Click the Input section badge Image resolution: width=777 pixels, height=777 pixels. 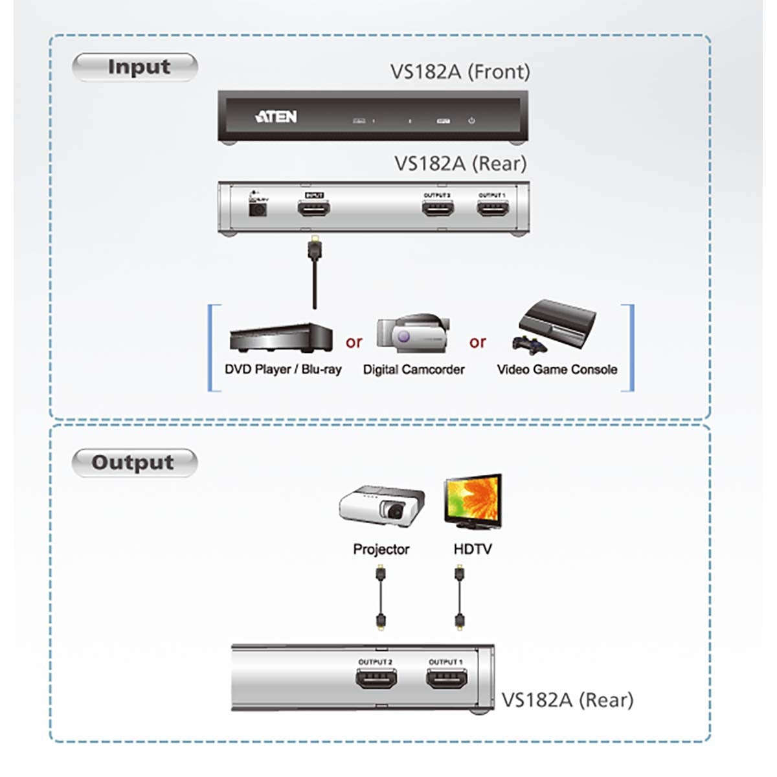[135, 67]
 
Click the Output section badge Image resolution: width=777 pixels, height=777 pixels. [134, 462]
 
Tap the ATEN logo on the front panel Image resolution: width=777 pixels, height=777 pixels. [276, 117]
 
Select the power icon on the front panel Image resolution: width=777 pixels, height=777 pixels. [471, 120]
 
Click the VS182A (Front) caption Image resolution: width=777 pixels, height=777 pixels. [460, 71]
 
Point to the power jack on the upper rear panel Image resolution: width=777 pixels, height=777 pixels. [258, 209]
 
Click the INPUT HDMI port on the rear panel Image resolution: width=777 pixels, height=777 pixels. [314, 208]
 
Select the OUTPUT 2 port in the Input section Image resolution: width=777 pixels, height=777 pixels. [438, 208]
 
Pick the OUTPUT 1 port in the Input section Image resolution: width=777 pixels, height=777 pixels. [492, 208]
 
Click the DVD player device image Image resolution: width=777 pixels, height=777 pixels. [281, 337]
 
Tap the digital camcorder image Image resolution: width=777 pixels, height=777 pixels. [413, 333]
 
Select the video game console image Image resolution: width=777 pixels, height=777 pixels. [556, 326]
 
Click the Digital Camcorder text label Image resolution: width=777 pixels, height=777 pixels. [413, 370]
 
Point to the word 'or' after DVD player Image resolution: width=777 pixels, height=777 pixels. [354, 342]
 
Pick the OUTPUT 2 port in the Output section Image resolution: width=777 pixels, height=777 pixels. [376, 679]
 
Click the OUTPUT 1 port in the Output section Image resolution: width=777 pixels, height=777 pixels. [446, 679]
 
